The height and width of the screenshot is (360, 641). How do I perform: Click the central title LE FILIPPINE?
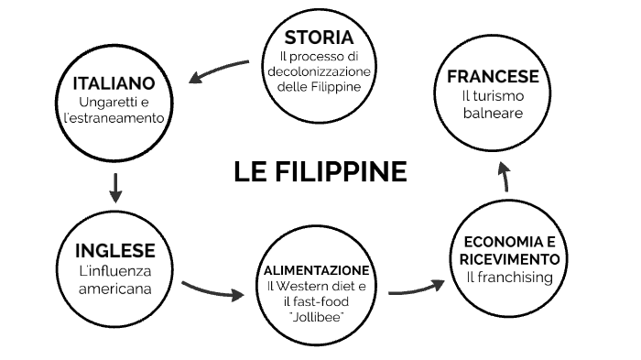tap(320, 171)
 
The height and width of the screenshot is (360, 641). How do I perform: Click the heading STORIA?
tap(319, 38)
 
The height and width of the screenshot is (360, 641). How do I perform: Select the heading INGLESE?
tap(114, 251)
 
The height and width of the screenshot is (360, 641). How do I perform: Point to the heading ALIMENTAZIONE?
tap(317, 271)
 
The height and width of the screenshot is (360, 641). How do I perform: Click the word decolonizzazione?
tap(319, 72)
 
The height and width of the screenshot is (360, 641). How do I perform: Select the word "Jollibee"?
tap(317, 317)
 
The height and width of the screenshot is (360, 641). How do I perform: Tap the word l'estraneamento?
tap(114, 118)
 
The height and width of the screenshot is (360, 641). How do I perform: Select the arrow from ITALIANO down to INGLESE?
tap(114, 186)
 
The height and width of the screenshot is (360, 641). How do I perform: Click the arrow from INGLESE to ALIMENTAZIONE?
tap(213, 290)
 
